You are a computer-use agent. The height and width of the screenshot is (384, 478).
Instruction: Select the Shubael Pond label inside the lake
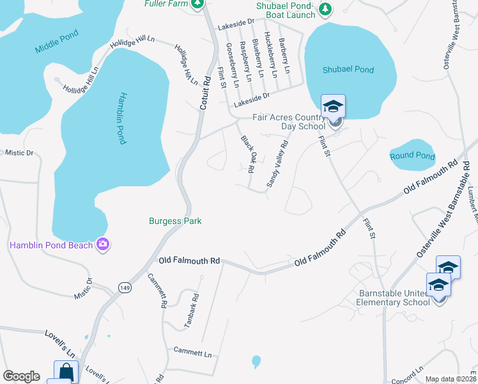pyautogui.click(x=348, y=70)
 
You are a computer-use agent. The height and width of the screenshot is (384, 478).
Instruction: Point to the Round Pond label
pyautogui.click(x=412, y=156)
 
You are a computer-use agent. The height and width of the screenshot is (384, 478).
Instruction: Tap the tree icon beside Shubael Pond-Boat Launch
pyautogui.click(x=326, y=8)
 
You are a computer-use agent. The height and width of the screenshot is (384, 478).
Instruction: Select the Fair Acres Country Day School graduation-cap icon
pyautogui.click(x=333, y=106)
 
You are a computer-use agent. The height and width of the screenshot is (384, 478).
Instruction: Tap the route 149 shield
pyautogui.click(x=123, y=288)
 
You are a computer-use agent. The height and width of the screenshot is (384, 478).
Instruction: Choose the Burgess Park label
pyautogui.click(x=175, y=221)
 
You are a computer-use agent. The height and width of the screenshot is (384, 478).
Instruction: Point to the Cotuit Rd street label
pyautogui.click(x=206, y=93)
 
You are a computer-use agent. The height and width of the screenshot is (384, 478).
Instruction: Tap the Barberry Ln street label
pyautogui.click(x=284, y=55)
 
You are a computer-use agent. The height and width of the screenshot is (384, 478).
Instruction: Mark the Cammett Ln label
pyautogui.click(x=192, y=352)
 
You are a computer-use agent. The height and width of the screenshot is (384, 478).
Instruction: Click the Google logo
pyautogui.click(x=21, y=376)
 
